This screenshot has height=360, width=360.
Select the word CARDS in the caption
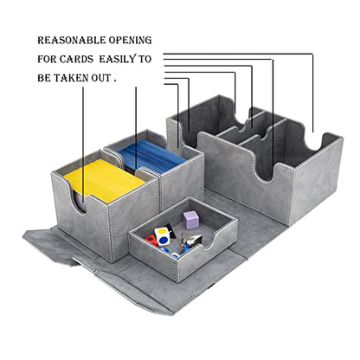76,59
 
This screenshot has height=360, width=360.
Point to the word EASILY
118,59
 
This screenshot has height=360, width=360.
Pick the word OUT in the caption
101,78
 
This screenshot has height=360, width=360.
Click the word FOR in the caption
47,59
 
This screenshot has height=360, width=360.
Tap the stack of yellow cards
105,180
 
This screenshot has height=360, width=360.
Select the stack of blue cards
151,157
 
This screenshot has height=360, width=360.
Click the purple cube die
190,220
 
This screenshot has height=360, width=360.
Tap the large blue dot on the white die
164,240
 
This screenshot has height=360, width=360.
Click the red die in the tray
151,241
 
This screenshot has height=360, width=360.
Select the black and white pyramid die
194,239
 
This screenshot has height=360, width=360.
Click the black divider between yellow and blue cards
131,170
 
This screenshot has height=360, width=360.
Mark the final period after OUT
115,81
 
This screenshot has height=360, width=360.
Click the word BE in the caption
44,78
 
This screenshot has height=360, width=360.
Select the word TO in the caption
145,59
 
